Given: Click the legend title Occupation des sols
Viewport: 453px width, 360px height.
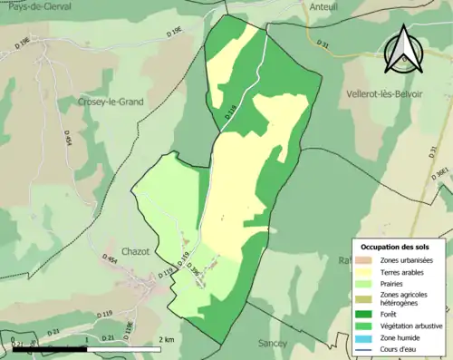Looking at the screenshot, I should pyautogui.click(x=396, y=247).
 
